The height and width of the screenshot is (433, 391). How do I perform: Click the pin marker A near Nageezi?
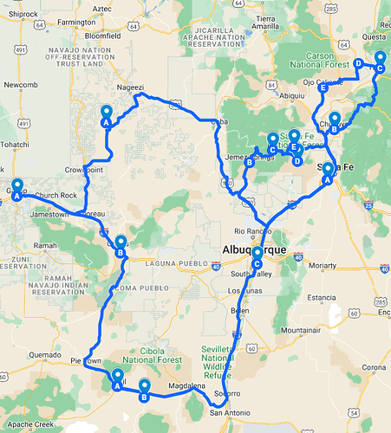click(107, 115)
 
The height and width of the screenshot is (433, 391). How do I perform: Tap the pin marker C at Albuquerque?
click(257, 256)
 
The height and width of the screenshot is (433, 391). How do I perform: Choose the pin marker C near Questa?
click(380, 61)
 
